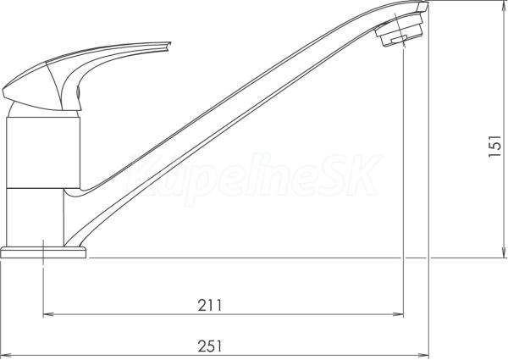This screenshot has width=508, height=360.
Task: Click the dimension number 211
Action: (210, 305)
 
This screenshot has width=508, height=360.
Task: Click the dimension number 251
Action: (210, 346)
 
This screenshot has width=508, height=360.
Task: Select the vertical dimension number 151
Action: (494, 147)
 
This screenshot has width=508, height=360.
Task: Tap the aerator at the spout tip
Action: (400, 29)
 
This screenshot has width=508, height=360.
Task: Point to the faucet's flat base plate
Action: (43, 252)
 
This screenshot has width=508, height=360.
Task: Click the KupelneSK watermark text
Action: (251, 176)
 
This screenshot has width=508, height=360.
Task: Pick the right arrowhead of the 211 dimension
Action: (399, 314)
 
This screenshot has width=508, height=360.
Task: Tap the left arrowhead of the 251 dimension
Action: (5, 355)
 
